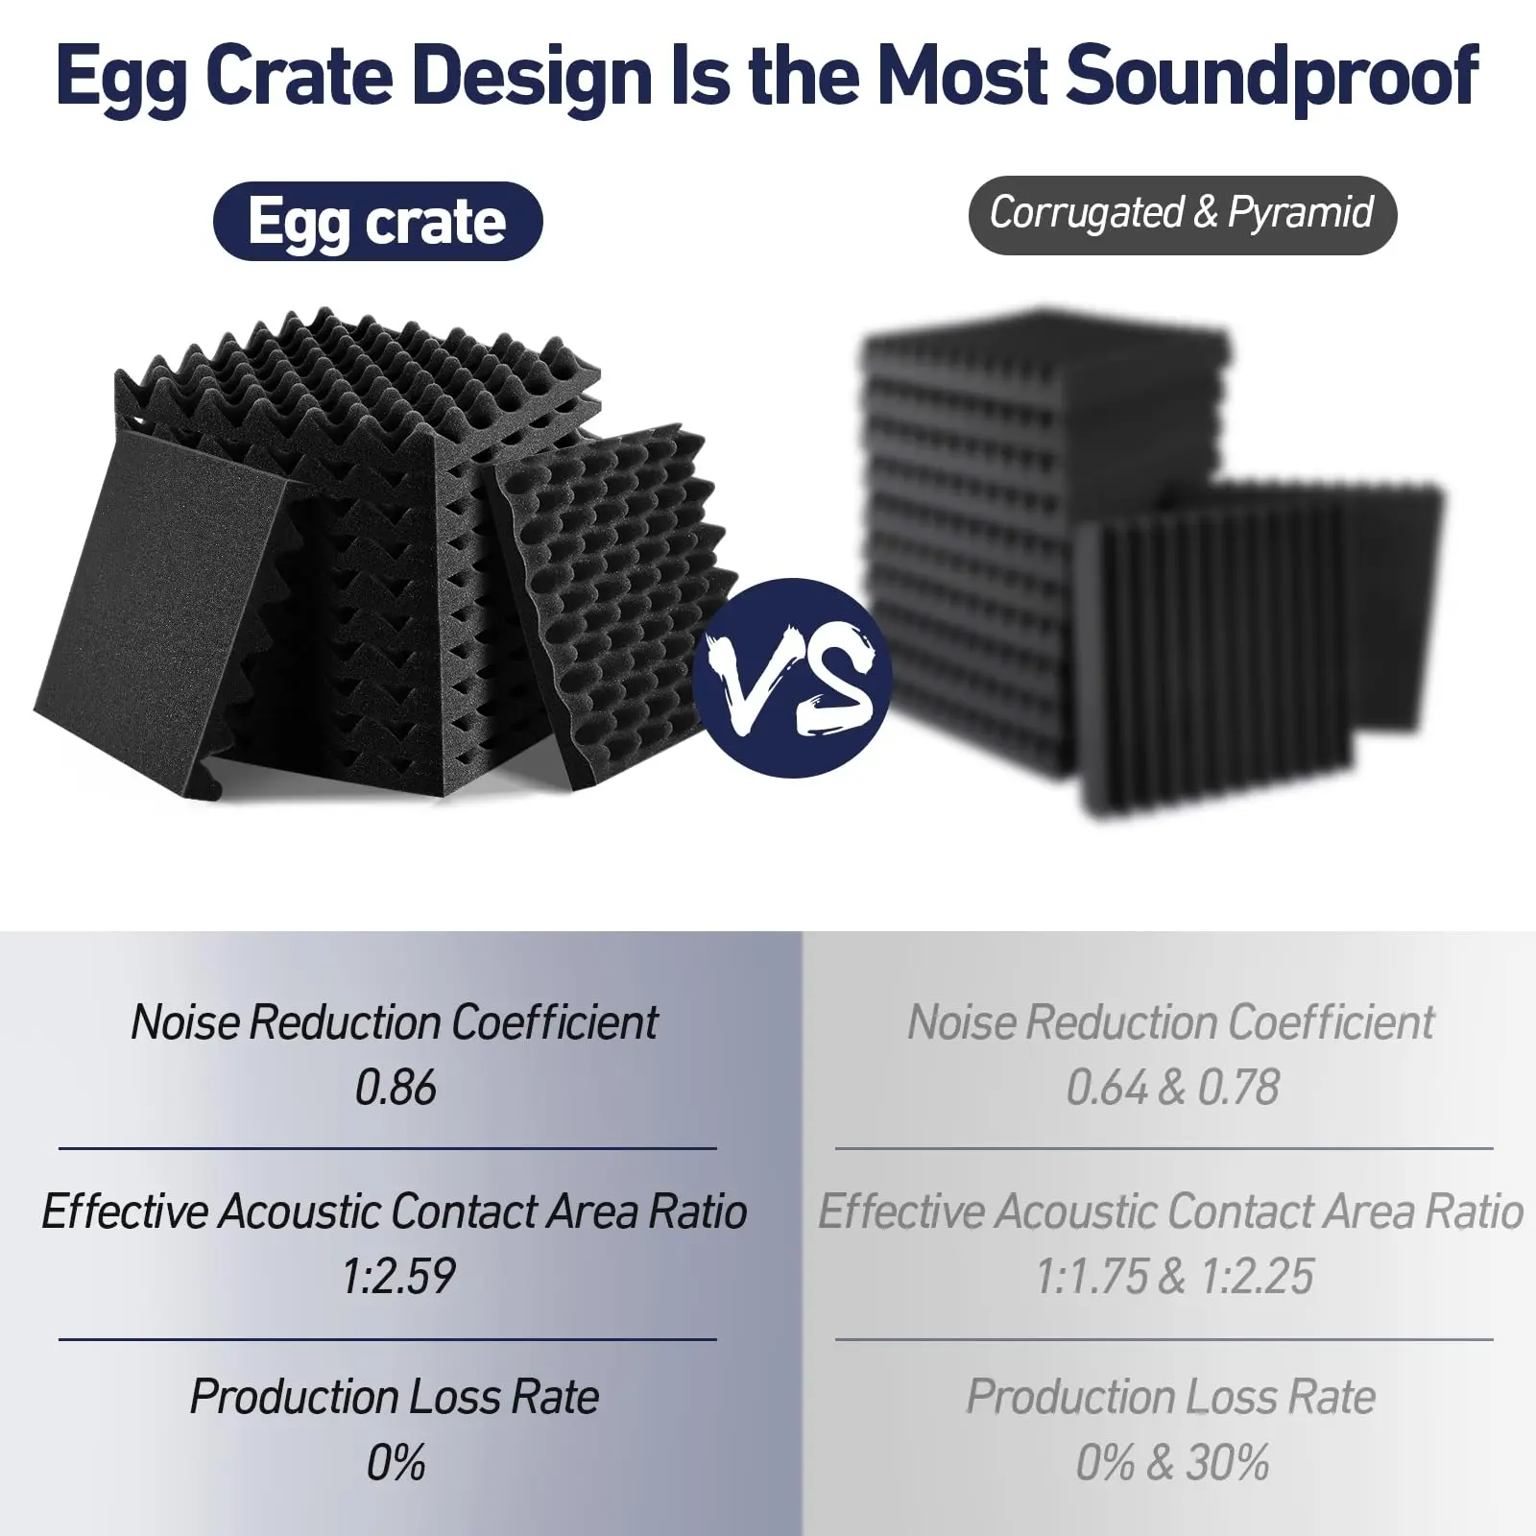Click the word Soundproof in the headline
click(1271, 77)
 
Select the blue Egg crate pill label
click(377, 222)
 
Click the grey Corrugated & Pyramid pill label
click(1182, 214)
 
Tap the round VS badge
click(794, 678)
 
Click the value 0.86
click(395, 1088)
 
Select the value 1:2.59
click(397, 1276)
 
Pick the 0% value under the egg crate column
click(395, 1463)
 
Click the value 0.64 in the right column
click(1106, 1088)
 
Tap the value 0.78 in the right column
click(1238, 1088)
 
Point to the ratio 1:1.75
click(1091, 1276)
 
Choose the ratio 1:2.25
click(1258, 1276)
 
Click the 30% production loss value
click(1227, 1463)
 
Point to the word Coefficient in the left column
click(555, 1022)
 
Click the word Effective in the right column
click(901, 1212)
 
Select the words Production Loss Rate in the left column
click(395, 1397)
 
